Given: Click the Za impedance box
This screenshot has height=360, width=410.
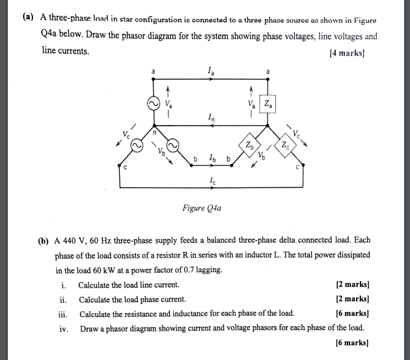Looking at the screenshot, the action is [269, 104].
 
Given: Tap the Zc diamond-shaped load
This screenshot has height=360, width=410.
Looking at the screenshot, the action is [286, 145].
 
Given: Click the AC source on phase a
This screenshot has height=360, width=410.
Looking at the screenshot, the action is [154, 104].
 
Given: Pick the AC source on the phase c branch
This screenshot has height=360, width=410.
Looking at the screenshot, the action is [137, 147].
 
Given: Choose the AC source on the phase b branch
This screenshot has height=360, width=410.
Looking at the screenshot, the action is [172, 146].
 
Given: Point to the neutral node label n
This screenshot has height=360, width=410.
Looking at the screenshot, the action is [154, 132].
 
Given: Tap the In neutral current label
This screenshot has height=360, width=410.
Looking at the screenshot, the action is [209, 117].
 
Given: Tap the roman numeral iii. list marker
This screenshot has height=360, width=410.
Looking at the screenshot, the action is [62, 313].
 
